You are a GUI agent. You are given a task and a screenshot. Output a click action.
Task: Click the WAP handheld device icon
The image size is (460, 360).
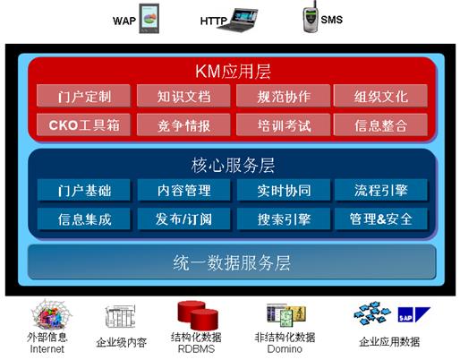pyautogui.click(x=149, y=19)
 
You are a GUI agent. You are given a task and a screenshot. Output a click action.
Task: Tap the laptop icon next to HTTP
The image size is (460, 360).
pyautogui.click(x=238, y=20)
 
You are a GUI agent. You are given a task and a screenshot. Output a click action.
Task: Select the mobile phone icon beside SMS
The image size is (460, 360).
pyautogui.click(x=311, y=17)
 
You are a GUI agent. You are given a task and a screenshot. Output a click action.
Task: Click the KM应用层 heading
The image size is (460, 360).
pyautogui.click(x=233, y=71)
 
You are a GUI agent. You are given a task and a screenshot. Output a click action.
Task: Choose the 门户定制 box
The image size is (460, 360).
pyautogui.click(x=83, y=96)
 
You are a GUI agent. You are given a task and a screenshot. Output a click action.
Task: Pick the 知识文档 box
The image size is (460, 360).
pyautogui.click(x=183, y=96)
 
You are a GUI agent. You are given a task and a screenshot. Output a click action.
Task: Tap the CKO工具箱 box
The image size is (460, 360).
pyautogui.click(x=83, y=124)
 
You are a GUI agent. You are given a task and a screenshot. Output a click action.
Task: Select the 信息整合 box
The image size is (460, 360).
pyautogui.click(x=380, y=124)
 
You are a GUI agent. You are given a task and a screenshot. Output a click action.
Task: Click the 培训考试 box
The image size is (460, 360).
pyautogui.click(x=284, y=124)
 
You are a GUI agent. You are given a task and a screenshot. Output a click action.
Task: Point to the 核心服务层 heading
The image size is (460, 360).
pyautogui.click(x=233, y=165)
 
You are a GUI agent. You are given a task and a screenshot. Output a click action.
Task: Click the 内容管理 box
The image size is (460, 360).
pyautogui.click(x=183, y=190)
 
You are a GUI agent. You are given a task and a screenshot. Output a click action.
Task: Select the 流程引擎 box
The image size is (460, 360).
pyautogui.click(x=381, y=190)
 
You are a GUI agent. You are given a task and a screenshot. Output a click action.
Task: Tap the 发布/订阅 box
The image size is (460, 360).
pyautogui.click(x=183, y=219)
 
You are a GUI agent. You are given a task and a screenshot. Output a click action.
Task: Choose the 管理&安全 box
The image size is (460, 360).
pyautogui.click(x=381, y=219)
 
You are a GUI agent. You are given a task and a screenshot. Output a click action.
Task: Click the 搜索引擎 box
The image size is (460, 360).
pyautogui.click(x=284, y=219)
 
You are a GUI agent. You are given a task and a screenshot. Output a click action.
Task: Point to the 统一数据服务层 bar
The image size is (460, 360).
pyautogui.click(x=232, y=262)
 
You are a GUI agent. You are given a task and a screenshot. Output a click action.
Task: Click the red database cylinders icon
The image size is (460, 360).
pyautogui.click(x=198, y=315)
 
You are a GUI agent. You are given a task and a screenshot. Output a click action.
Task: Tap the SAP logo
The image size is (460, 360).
pyautogui.click(x=414, y=314)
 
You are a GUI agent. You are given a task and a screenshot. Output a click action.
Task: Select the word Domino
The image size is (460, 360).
pyautogui.click(x=285, y=348)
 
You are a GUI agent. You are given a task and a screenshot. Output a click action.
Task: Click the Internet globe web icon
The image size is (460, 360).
pyautogui.click(x=51, y=314)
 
